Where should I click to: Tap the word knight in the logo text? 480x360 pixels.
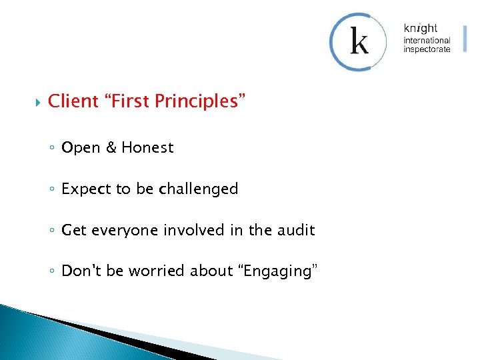[420, 28]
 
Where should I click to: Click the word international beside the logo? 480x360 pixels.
[427, 40]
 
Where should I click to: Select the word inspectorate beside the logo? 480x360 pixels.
[427, 49]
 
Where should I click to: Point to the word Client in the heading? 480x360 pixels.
[73, 101]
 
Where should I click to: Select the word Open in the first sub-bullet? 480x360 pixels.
[80, 148]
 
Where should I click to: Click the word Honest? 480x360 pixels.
[147, 148]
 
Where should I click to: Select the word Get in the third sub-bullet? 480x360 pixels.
[74, 231]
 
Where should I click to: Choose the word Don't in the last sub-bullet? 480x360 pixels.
[81, 271]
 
